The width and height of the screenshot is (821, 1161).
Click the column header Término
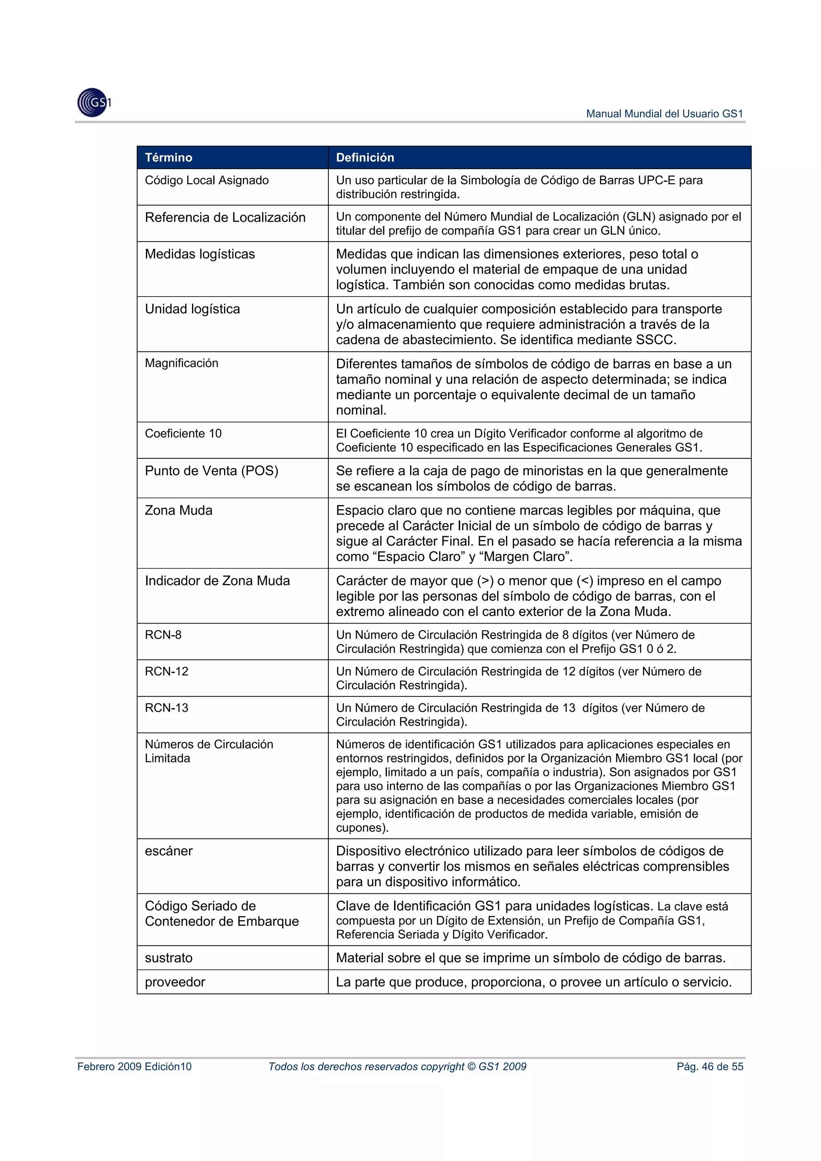click(168, 157)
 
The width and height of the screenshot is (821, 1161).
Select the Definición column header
click(365, 157)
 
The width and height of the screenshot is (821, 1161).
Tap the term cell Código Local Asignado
click(206, 180)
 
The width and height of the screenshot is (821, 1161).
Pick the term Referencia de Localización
click(225, 218)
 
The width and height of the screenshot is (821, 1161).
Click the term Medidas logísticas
click(200, 254)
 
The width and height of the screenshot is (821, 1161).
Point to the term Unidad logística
click(192, 309)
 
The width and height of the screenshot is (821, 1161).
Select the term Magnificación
click(182, 363)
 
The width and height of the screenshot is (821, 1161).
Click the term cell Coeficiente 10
click(183, 433)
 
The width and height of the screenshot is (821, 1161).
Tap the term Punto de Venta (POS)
click(211, 471)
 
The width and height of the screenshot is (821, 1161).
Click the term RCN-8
click(163, 635)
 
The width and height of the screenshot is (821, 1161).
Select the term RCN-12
click(166, 672)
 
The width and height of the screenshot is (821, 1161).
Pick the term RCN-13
click(166, 708)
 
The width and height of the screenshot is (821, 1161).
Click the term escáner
click(168, 851)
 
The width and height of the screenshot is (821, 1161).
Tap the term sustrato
click(168, 958)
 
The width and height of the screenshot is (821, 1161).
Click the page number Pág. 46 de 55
click(710, 1066)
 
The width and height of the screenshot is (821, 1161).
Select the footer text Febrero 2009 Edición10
click(135, 1066)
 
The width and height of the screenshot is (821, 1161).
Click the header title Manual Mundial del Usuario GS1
click(664, 114)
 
